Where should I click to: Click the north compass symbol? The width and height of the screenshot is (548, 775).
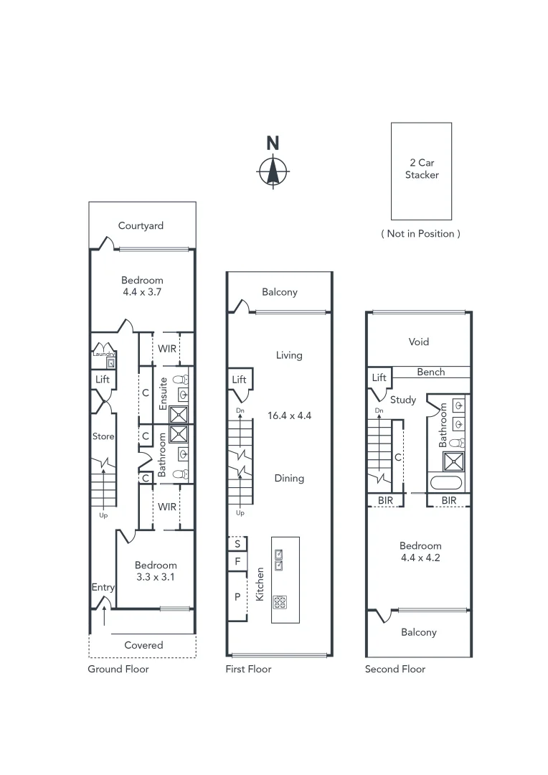tap(273, 171)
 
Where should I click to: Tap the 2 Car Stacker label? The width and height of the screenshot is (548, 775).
tap(421, 169)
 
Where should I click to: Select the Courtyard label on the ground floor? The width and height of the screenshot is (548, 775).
tap(141, 225)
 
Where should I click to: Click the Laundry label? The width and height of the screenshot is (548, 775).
tap(103, 354)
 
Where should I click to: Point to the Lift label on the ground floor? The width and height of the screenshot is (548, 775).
tap(103, 379)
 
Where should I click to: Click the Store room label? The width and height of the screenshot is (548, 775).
tap(103, 436)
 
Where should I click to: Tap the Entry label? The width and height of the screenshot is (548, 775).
tap(103, 588)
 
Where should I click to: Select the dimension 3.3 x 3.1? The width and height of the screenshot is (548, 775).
tap(155, 577)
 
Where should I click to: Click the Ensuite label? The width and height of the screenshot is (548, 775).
tap(164, 393)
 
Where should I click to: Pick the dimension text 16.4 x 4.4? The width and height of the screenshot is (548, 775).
tap(289, 415)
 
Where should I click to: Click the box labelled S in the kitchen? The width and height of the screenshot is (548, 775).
tap(237, 543)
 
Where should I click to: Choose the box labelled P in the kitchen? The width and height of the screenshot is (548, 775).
tap(237, 596)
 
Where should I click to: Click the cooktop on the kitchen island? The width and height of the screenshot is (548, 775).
tap(279, 601)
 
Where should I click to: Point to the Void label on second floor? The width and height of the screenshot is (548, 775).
tap(418, 342)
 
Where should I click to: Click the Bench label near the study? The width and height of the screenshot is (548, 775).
tap(430, 372)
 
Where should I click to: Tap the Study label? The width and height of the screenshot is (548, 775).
tap(402, 400)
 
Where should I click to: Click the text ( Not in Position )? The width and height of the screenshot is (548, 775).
tap(420, 233)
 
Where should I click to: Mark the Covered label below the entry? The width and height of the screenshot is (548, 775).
tap(143, 645)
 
